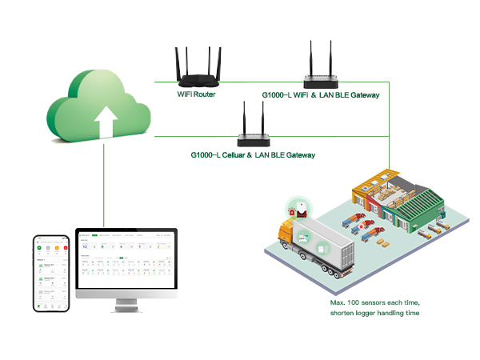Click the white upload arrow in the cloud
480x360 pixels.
tap(104, 122)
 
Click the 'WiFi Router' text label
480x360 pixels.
tap(197, 94)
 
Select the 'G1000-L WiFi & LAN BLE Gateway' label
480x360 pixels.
tap(320, 95)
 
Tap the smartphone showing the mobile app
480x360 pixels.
tap(50, 273)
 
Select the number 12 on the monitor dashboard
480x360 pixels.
tap(85, 246)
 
